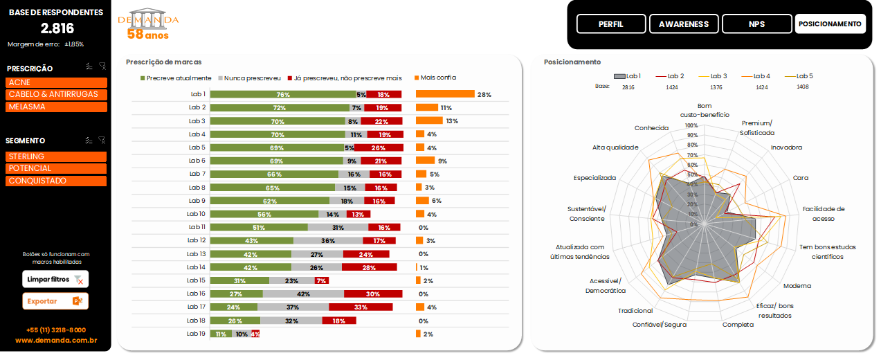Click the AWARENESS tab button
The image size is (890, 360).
pos(683,24)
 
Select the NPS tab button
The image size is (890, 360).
pos(756,24)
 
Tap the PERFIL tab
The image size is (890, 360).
pos(610,24)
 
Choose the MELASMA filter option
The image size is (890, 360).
pos(57,107)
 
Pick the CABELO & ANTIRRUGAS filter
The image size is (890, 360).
pos(57,95)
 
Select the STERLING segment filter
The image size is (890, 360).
pos(57,156)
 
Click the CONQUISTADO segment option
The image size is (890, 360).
pos(57,181)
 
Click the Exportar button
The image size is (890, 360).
pos(55,301)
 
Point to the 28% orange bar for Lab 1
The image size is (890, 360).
pos(445,94)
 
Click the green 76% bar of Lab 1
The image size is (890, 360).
pos(283,94)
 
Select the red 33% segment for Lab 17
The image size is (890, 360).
pos(361,307)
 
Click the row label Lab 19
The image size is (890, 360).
pos(197,334)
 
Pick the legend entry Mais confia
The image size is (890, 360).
pos(438,78)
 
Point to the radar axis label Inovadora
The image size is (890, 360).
pos(786,147)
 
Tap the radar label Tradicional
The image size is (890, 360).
pos(635,311)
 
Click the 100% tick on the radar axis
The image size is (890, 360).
pos(691,126)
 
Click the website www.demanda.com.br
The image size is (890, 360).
pos(56,341)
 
